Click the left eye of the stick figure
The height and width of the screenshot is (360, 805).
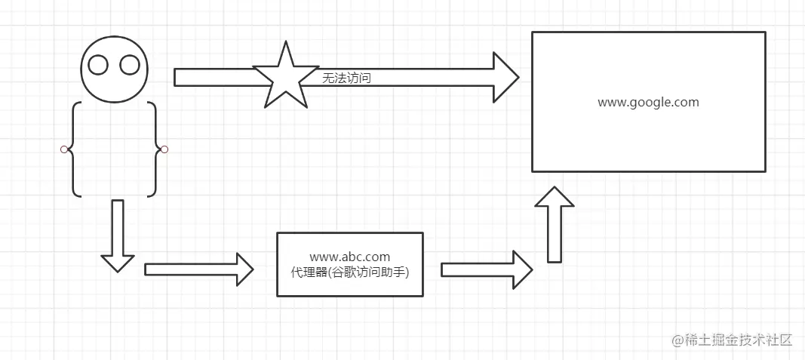tap(99, 66)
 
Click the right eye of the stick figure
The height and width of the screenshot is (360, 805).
tap(130, 66)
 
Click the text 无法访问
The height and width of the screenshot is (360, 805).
tap(346, 78)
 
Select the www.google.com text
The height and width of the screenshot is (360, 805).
tap(648, 102)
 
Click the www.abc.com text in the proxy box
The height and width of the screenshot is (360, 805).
tap(350, 257)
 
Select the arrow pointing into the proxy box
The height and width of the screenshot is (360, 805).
tap(198, 269)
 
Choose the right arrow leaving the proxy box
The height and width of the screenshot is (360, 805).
tap(487, 269)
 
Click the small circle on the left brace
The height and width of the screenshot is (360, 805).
tap(64, 149)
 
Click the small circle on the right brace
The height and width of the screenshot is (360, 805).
tap(164, 149)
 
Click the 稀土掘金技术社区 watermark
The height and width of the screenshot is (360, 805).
tap(732, 340)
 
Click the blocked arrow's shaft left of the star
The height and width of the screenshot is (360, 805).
tap(215, 78)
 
